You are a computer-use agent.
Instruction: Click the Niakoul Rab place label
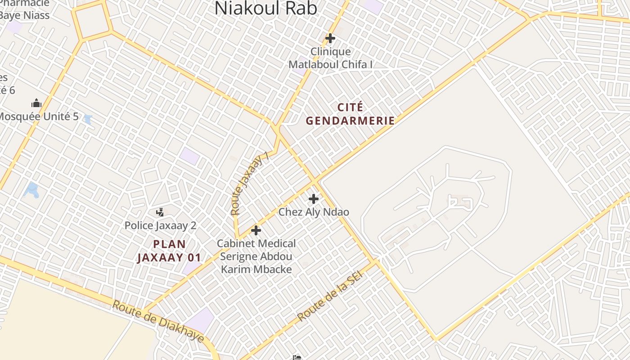pos(265,8)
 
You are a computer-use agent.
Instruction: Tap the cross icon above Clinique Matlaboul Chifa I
pos(330,38)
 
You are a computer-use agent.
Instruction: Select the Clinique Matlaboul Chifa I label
pos(330,58)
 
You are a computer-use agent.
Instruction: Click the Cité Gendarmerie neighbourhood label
pos(350,114)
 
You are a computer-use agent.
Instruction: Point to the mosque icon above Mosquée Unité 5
pos(36,103)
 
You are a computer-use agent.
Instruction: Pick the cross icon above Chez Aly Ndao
pos(314,199)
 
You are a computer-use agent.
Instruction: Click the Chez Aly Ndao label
pos(314,211)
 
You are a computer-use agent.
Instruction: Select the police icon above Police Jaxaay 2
pos(160,212)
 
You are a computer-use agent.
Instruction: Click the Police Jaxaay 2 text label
pos(160,225)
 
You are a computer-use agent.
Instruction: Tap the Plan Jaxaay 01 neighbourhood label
pos(169,251)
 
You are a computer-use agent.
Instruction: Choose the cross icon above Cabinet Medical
pos(256,231)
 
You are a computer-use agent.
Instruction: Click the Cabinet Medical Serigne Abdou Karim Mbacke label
pos(256,256)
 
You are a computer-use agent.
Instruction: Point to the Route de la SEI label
pos(330,296)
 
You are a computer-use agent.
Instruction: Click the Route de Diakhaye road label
pos(158,322)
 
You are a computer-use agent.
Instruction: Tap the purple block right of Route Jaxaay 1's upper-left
pos(189,156)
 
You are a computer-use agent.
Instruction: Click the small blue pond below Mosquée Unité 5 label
pos(88,120)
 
